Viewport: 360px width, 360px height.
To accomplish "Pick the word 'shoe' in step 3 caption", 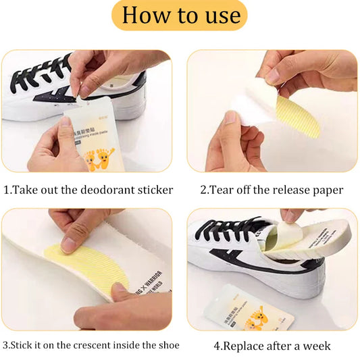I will pyautogui.click(x=168, y=345).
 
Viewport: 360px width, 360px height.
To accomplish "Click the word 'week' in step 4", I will pyautogui.click(x=316, y=346).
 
